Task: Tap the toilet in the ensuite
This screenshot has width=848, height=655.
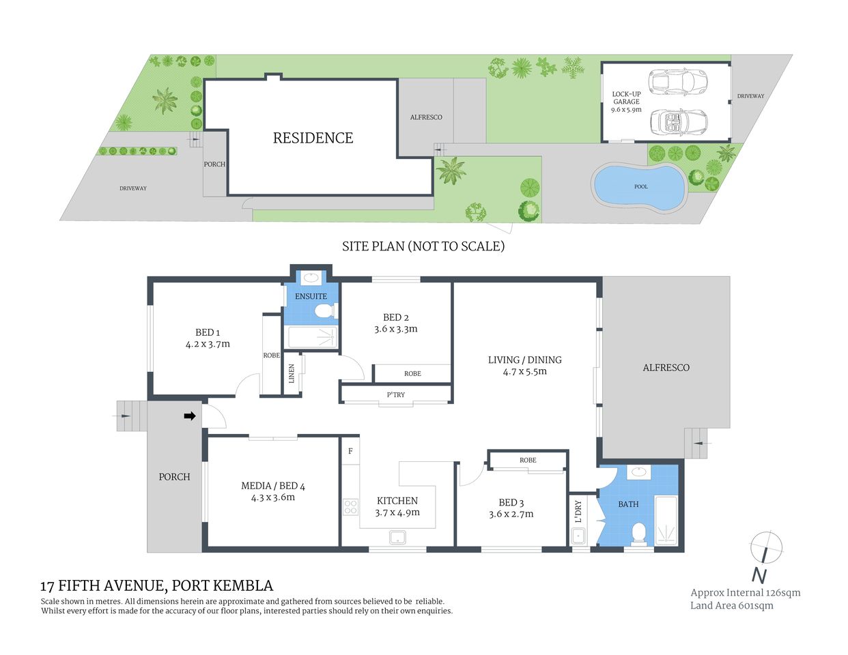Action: (324, 312)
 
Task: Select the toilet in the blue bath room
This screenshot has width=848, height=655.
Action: (640, 532)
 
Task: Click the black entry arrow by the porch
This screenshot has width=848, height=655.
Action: (190, 416)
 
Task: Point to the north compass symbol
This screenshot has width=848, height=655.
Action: (765, 550)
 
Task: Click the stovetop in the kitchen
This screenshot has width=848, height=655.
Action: (350, 507)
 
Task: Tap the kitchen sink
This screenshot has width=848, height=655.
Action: (397, 537)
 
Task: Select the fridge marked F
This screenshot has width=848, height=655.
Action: (350, 452)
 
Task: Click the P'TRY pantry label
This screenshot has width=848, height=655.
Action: (396, 395)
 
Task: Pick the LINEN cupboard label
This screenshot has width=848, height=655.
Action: (292, 373)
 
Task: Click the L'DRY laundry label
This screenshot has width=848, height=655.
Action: (578, 512)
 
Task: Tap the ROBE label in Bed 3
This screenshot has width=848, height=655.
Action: (528, 461)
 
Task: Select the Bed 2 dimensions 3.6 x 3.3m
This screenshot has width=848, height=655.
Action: (396, 329)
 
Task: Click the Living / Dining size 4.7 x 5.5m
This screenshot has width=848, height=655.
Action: (525, 372)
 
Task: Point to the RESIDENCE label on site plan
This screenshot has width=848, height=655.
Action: (313, 138)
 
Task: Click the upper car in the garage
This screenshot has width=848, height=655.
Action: (678, 82)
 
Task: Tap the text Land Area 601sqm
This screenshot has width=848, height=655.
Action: (731, 606)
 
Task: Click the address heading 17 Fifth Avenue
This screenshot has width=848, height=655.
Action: (156, 585)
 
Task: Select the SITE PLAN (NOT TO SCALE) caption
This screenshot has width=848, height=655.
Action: (423, 246)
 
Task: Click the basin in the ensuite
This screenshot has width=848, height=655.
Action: (312, 277)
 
